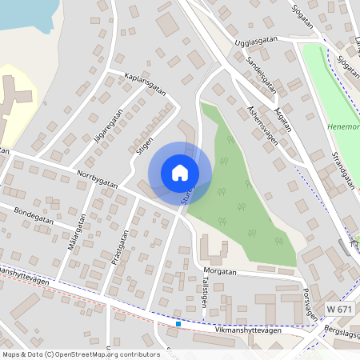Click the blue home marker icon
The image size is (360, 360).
tap(180, 172)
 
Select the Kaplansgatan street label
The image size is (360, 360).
tap(145, 83)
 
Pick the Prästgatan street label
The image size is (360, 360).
tap(120, 248)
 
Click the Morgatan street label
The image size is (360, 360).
tap(220, 272)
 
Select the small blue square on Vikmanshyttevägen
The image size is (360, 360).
tap(178, 323)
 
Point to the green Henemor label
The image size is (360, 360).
tap(344, 126)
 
